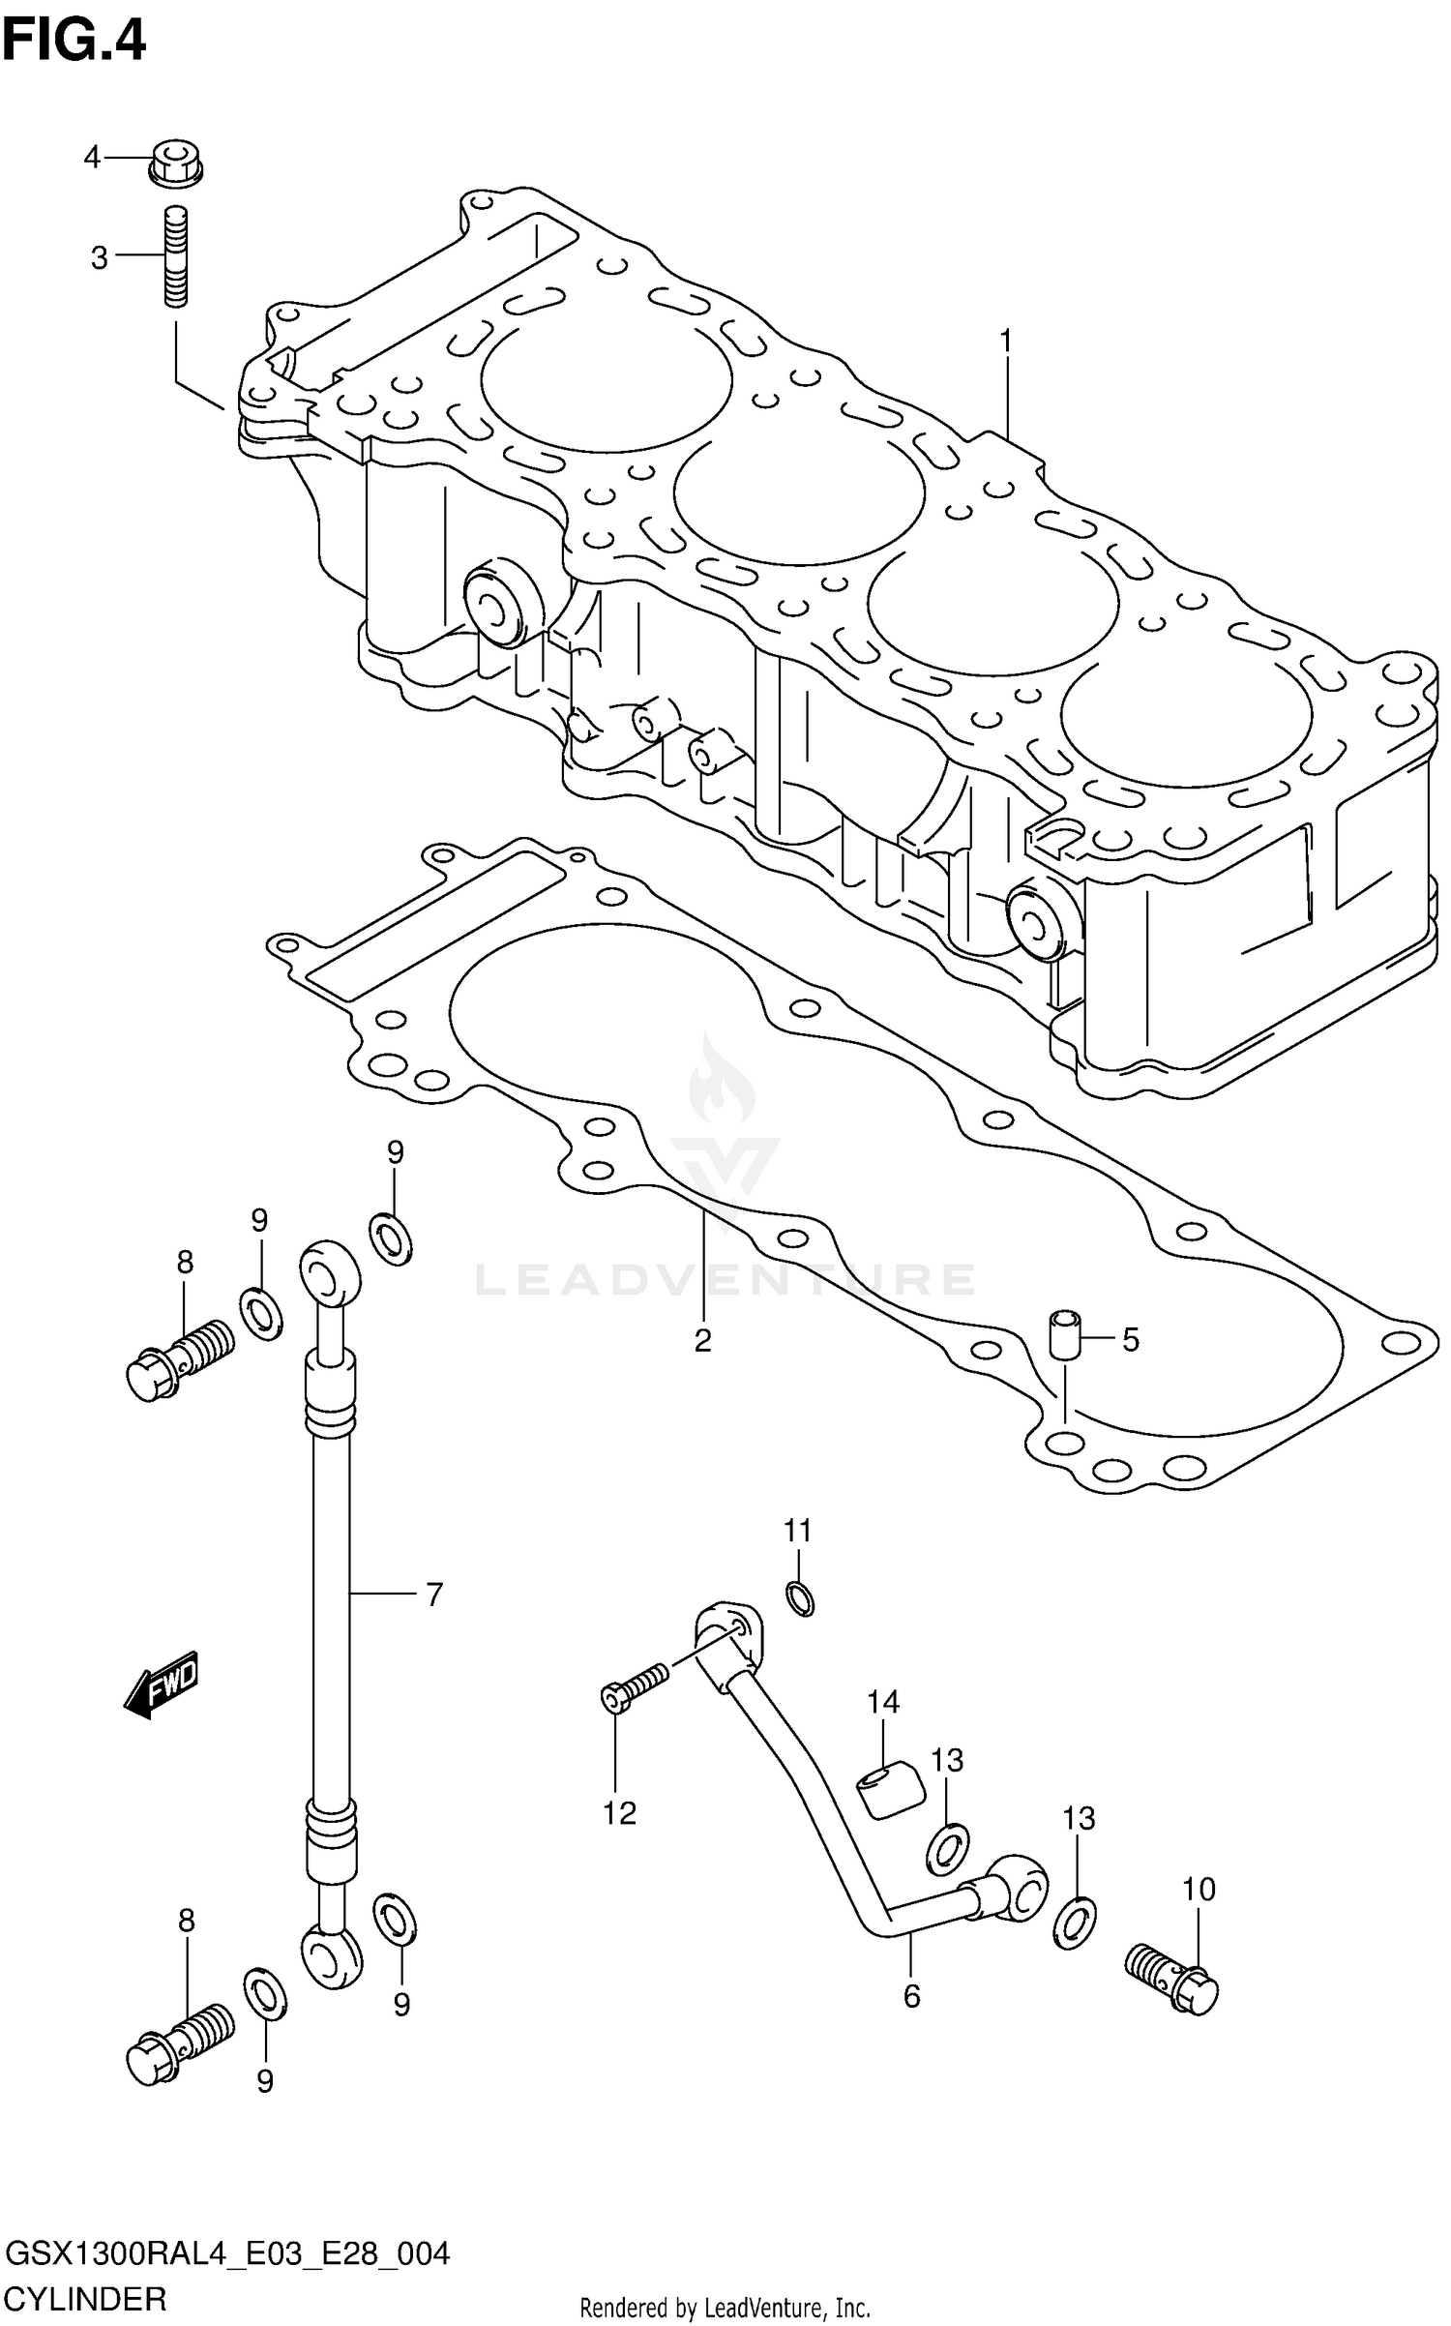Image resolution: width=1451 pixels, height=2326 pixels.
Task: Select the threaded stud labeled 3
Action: click(174, 257)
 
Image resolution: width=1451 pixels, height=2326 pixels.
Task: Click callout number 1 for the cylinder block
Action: click(1005, 342)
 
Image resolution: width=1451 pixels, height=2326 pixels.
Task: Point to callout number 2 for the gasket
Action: click(703, 1341)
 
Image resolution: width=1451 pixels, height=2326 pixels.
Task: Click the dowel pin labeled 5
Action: click(1064, 1335)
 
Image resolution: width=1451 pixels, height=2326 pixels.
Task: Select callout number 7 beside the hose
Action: click(434, 1594)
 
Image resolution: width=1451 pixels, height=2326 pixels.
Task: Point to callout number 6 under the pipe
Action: click(912, 1995)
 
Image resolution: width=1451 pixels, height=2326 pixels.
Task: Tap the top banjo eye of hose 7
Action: click(330, 1275)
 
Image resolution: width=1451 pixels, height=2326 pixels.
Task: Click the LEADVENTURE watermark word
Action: click(725, 1279)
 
